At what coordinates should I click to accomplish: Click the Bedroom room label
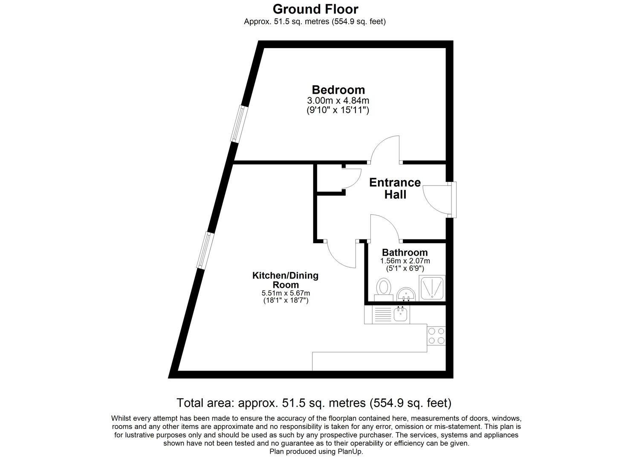pyautogui.click(x=338, y=90)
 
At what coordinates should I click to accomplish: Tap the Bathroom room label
pyautogui.click(x=405, y=253)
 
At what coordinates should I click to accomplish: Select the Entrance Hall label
pyautogui.click(x=395, y=188)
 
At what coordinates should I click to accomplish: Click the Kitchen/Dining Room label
pyautogui.click(x=285, y=280)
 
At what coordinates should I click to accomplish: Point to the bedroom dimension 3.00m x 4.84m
pyautogui.click(x=338, y=101)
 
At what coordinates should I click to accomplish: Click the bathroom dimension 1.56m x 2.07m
pyautogui.click(x=405, y=261)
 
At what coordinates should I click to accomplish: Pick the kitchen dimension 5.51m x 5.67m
pyautogui.click(x=285, y=293)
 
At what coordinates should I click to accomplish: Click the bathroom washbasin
pyautogui.click(x=406, y=294)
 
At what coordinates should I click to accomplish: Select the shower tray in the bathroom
pyautogui.click(x=432, y=287)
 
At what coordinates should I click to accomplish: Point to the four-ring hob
pyautogui.click(x=436, y=336)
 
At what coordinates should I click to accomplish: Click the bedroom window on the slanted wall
pyautogui.click(x=238, y=124)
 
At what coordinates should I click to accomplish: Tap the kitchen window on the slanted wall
pyautogui.click(x=203, y=250)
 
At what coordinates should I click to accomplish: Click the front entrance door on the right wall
pyautogui.click(x=452, y=200)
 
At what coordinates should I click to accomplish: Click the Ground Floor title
pyautogui.click(x=315, y=9)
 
